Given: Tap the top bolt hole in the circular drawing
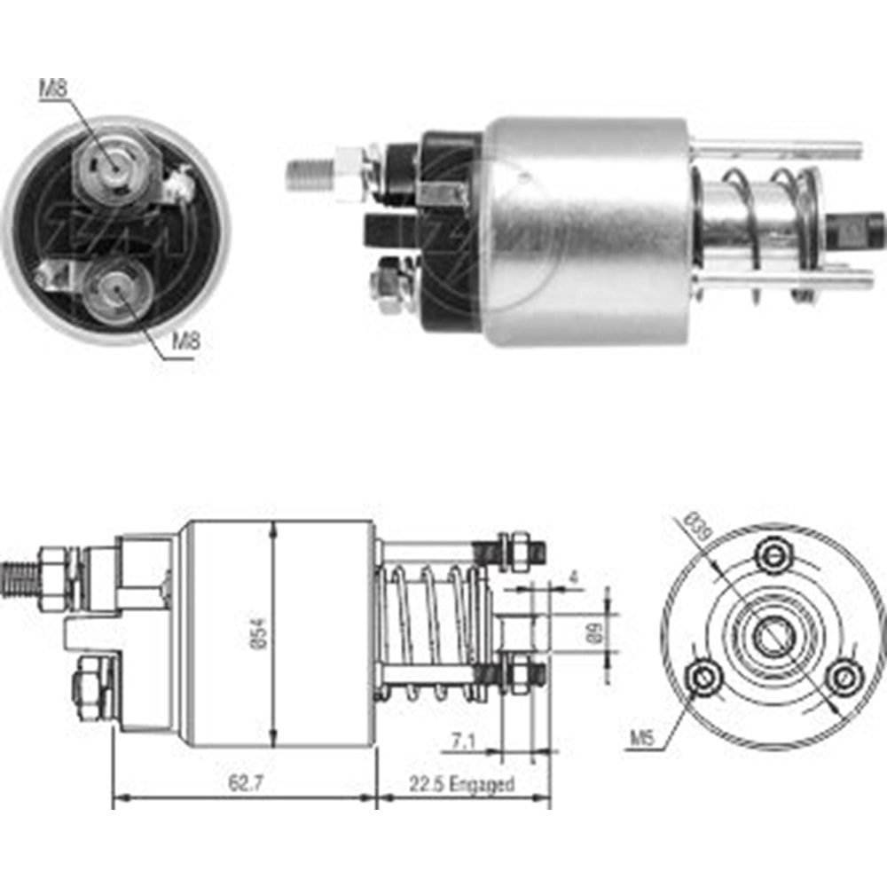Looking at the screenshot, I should point(773,556).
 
